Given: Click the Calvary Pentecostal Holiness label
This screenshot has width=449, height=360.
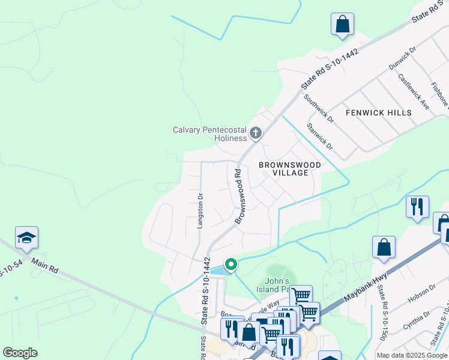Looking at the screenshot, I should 209,134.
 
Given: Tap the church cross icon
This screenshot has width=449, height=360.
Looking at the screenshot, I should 256,133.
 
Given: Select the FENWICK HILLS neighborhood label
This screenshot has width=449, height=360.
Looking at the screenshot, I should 379,113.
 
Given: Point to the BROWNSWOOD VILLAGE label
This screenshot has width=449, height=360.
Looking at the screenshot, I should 290,169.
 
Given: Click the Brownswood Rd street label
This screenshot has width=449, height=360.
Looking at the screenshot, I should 238,196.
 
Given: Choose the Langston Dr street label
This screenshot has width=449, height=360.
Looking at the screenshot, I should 200,210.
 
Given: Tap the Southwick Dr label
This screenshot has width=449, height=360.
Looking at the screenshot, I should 318,108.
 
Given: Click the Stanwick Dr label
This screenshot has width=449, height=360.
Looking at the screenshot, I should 319,137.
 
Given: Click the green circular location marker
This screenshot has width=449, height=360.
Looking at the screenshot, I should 231,263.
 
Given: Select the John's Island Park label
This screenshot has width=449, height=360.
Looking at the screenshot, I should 277,285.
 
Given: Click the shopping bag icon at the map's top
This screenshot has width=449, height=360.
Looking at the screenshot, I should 342,25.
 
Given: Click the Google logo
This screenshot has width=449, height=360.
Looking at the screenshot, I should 20,353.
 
